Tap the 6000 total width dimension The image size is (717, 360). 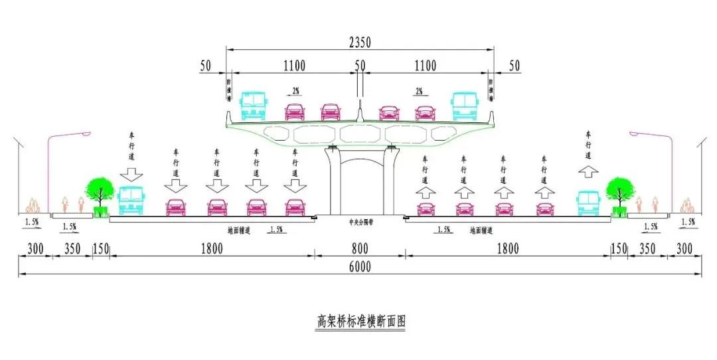358,267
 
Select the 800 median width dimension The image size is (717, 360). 360,249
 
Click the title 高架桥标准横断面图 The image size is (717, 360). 359,322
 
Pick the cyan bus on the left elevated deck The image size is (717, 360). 253,106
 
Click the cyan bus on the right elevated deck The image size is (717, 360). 465,106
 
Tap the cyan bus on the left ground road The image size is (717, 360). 130,201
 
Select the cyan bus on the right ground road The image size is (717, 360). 588,203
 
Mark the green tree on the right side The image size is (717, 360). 619,191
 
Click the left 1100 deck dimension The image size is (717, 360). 294,65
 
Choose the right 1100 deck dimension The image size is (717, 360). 426,65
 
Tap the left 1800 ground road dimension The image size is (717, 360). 212,249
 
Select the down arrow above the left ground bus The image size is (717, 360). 131,174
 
